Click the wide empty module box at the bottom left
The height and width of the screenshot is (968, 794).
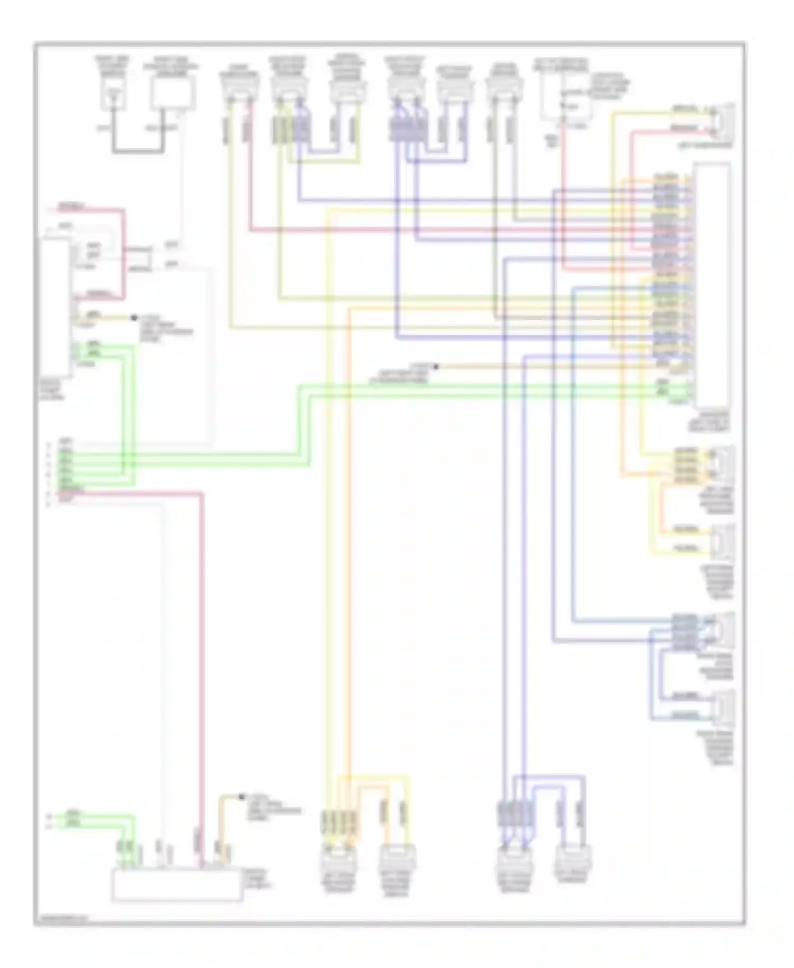pos(177,885)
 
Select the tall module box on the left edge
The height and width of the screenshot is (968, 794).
pos(56,307)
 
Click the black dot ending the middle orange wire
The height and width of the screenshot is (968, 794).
pos(436,366)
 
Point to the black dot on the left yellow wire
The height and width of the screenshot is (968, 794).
pos(134,318)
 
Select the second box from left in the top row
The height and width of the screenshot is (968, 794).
pos(173,93)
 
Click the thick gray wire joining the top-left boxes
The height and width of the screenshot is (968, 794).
pos(139,152)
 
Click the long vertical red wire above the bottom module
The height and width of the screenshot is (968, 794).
pos(202,662)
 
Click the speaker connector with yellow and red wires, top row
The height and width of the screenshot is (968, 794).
pos(239,87)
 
